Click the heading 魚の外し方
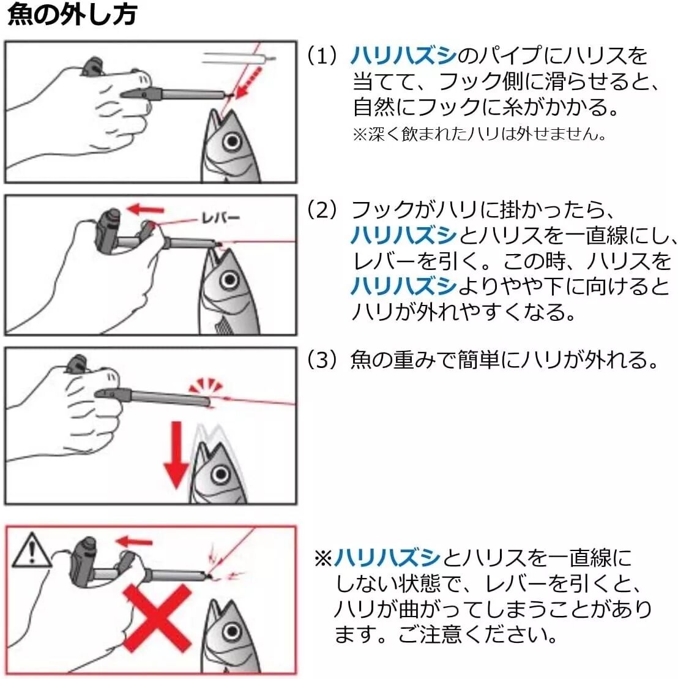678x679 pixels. tap(72, 14)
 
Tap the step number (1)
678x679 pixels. tap(321, 56)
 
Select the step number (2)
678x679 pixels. tap(321, 209)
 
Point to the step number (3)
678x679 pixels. tap(321, 359)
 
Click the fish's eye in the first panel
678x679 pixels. tap(233, 141)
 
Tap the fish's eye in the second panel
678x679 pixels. tap(229, 280)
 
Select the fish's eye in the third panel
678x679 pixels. tap(221, 474)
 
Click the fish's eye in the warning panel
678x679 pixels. tap(233, 631)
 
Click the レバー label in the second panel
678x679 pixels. tap(221, 217)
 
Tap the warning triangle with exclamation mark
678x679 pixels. tap(31, 550)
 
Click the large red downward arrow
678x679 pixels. tap(176, 456)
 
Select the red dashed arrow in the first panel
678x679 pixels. tap(250, 81)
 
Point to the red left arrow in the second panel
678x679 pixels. tap(146, 209)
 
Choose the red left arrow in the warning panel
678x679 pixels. tap(135, 541)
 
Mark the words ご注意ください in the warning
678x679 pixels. tap(477, 634)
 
